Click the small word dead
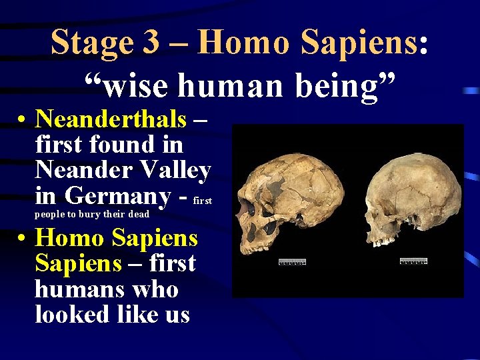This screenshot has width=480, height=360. [x=139, y=214]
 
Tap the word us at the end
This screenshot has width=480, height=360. [x=177, y=315]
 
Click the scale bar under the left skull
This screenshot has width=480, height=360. [x=292, y=261]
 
